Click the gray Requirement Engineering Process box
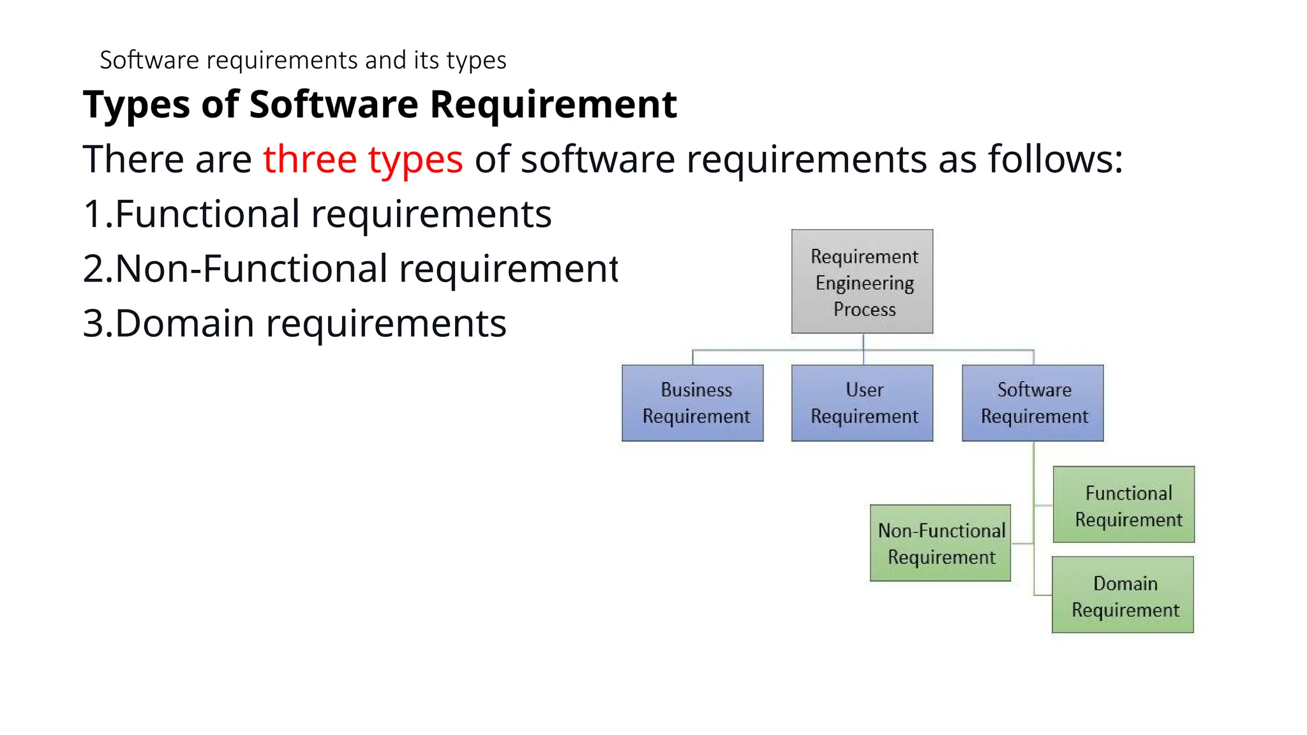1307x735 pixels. (x=862, y=281)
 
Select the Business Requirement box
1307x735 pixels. (x=692, y=403)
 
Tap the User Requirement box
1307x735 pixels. (x=862, y=403)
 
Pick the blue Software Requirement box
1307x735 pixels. (x=1033, y=403)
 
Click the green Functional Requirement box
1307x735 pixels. (x=1123, y=505)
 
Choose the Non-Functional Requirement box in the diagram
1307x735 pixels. (x=941, y=543)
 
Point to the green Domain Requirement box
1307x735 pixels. (x=1123, y=595)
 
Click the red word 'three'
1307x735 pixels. (x=310, y=160)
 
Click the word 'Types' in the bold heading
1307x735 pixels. (x=137, y=105)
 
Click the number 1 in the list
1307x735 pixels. (x=93, y=214)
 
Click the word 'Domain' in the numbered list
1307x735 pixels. (x=185, y=323)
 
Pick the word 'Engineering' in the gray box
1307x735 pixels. (x=865, y=283)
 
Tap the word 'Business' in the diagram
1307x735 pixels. (x=696, y=390)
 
